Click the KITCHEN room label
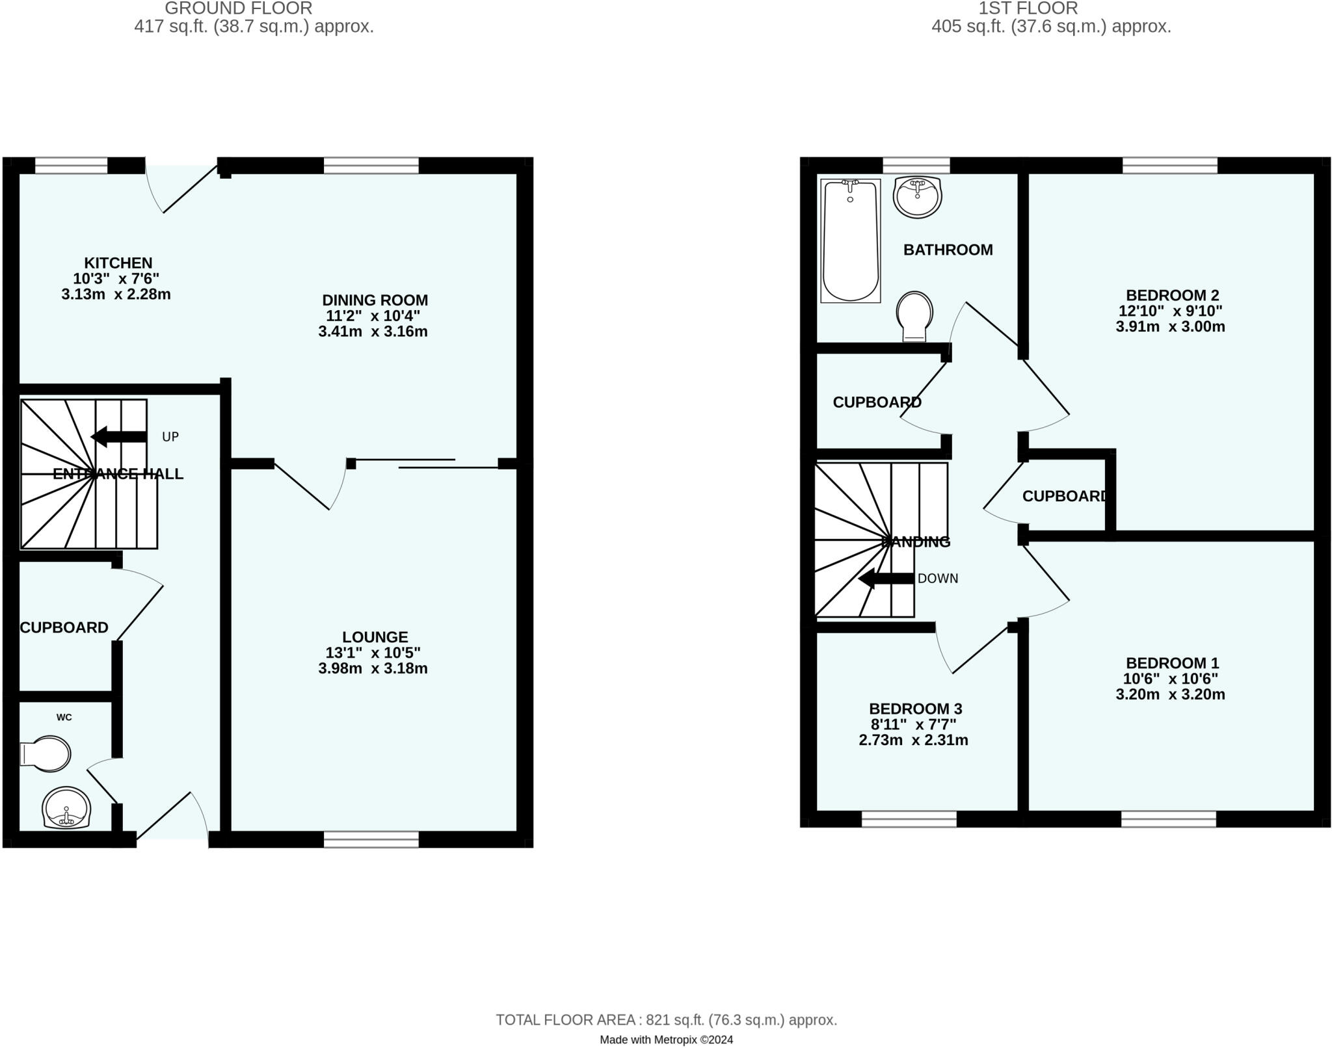tap(118, 263)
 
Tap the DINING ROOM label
tap(375, 300)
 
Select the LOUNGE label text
tap(375, 637)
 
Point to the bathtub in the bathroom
tap(850, 241)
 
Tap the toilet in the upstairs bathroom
tap(914, 316)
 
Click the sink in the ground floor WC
tap(66, 808)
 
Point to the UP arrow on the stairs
tap(118, 437)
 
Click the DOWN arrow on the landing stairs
tap(886, 579)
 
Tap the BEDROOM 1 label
tap(1172, 663)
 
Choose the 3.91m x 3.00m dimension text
tap(1170, 326)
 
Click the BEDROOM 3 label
tap(915, 709)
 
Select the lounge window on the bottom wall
tap(371, 839)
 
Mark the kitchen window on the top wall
tap(71, 166)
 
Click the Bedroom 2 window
tap(1169, 166)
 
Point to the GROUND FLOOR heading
tap(239, 8)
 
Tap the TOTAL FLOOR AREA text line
tap(666, 1020)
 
